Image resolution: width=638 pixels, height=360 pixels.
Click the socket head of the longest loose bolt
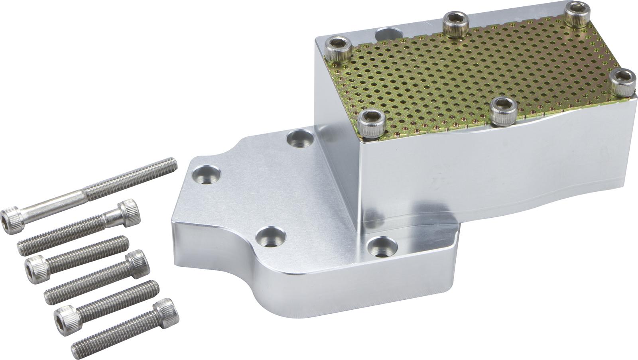pyautogui.click(x=12, y=220)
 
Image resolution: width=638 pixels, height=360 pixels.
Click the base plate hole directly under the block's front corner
pyautogui.click(x=380, y=247)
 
